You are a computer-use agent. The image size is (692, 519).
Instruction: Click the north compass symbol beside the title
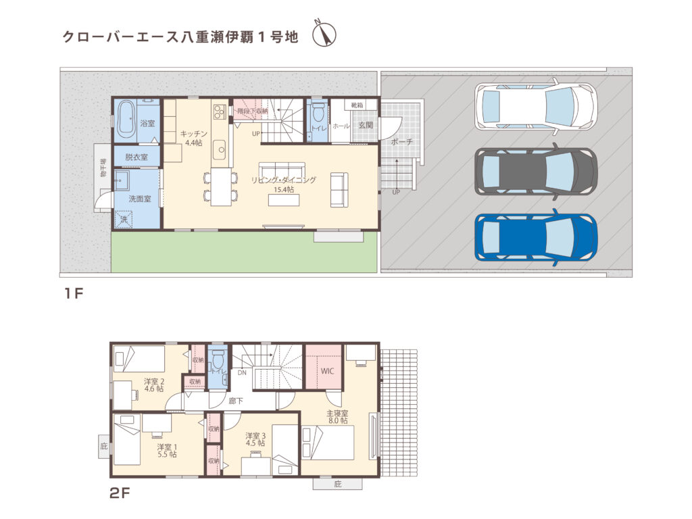point(324,34)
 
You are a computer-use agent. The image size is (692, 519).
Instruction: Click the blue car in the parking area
point(536,237)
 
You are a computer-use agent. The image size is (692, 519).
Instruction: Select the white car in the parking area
point(536,105)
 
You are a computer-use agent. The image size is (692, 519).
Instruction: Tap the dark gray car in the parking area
point(536,172)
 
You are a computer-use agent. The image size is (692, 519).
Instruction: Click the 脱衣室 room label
point(137,157)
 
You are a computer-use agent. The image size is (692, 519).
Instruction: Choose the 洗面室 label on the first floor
point(140,199)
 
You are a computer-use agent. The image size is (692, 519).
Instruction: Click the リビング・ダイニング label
point(283,180)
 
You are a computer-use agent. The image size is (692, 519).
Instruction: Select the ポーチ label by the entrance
point(401,143)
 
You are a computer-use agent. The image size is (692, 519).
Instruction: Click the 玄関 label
point(366,125)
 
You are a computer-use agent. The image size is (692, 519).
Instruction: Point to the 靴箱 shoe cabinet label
point(357,105)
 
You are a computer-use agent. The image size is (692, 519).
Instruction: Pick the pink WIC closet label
point(327,371)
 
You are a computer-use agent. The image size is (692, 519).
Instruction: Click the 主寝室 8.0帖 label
point(337,417)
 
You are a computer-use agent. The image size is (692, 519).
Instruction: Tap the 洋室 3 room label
point(255,439)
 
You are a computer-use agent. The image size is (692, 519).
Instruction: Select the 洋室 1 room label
point(167,451)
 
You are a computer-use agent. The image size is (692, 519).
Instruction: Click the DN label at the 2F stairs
point(241,372)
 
